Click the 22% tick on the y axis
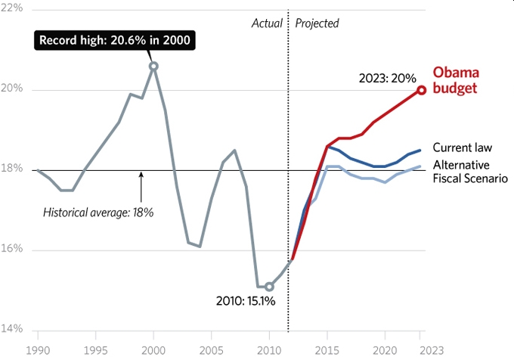click(x=13, y=8)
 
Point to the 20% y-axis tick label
click(x=13, y=89)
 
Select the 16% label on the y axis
click(x=13, y=250)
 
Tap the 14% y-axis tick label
click(x=13, y=329)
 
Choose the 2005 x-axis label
click(x=211, y=351)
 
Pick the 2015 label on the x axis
click(x=327, y=351)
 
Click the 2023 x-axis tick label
click(x=422, y=351)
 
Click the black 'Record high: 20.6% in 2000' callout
click(x=114, y=40)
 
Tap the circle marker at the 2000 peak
click(x=153, y=67)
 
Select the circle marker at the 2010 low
click(x=269, y=287)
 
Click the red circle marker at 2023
click(x=422, y=90)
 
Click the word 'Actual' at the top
click(x=266, y=23)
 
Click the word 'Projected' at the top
click(x=317, y=23)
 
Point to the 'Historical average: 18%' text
click(x=98, y=213)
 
